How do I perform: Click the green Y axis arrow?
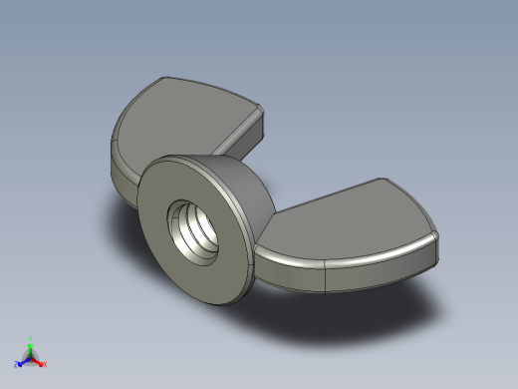pyautogui.click(x=31, y=347)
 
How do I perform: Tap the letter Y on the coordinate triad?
pyautogui.click(x=31, y=338)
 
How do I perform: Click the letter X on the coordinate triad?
pyautogui.click(x=45, y=365)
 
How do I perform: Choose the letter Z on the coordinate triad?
pyautogui.click(x=16, y=365)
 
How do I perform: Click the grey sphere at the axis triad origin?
pyautogui.click(x=31, y=357)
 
